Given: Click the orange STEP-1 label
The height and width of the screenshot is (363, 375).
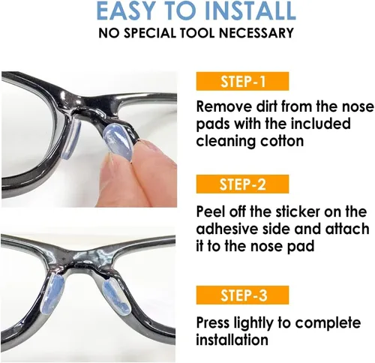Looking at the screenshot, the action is point(242,81).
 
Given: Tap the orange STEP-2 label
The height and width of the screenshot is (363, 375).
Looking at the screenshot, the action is point(242,184).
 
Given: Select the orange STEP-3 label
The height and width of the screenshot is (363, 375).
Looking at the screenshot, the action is point(242,295).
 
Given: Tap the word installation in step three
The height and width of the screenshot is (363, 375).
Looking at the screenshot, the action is point(232,340).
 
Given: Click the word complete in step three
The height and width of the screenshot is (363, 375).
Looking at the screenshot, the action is point(328,323).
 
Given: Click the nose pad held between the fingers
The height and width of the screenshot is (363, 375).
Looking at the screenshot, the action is point(118,141).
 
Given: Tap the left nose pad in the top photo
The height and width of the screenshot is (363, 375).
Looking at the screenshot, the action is point(71,139).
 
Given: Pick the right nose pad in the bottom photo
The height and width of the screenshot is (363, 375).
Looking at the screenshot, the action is point(118,296).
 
